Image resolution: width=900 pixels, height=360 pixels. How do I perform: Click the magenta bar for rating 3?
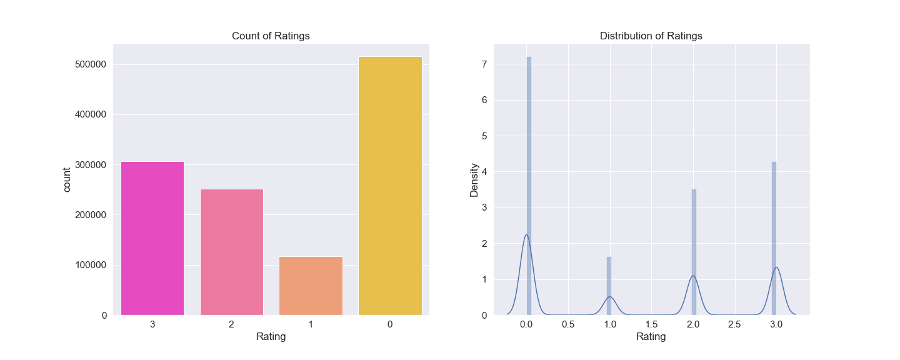pos(152,238)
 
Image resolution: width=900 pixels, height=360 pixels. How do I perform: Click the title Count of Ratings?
pos(271,36)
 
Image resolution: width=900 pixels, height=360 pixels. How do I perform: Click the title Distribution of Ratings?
pos(651,36)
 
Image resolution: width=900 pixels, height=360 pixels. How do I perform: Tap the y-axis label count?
pos(67,179)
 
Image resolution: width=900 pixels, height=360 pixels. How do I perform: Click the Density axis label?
pos(474,180)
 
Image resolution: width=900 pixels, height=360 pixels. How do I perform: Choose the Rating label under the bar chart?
pos(271,337)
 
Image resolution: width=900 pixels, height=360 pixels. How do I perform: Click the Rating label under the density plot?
pos(651,337)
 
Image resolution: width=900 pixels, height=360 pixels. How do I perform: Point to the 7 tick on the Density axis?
pos(484,64)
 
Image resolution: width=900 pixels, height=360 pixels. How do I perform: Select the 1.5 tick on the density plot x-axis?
pos(651,325)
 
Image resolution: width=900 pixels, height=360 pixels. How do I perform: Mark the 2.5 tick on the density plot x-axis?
pos(734,325)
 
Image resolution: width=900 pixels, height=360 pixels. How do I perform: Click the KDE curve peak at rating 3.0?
pos(776,267)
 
